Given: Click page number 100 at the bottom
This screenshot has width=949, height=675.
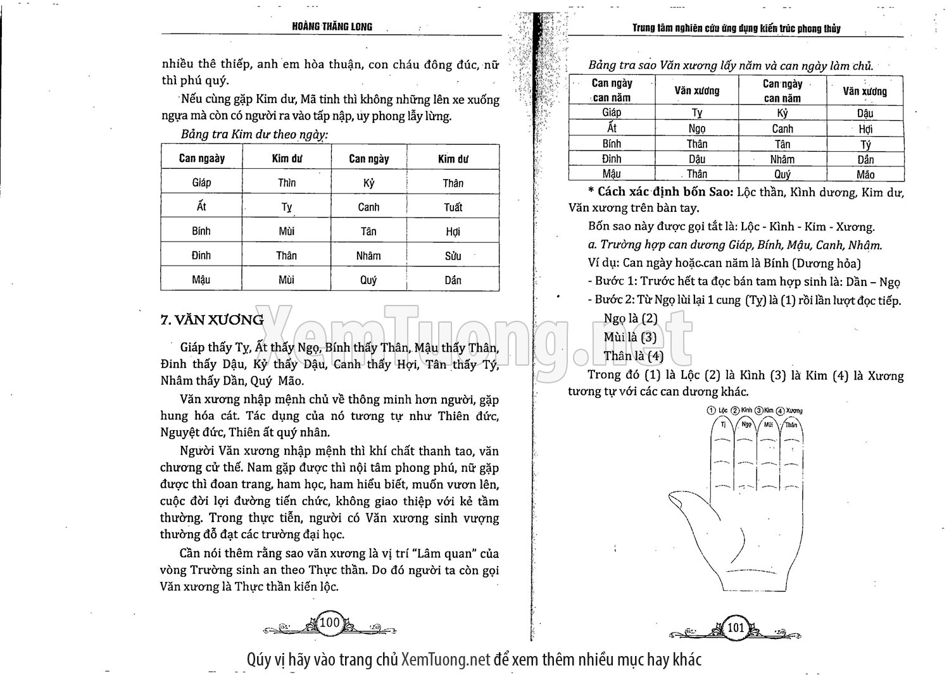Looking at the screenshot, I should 330,622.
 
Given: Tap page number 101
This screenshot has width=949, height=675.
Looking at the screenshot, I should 736,628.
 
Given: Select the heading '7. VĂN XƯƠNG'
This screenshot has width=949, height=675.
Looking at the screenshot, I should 212,320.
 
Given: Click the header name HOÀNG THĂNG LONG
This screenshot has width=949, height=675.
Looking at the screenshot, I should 332,27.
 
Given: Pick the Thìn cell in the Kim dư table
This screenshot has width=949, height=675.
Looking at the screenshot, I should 286,183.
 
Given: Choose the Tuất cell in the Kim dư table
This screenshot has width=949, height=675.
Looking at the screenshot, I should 453,207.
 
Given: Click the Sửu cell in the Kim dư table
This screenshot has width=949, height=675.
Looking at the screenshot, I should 453,256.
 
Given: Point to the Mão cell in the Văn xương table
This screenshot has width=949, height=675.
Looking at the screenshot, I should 865,175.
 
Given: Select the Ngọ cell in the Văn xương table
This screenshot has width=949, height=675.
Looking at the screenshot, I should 696,128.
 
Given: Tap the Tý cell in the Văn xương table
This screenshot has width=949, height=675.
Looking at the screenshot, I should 865,144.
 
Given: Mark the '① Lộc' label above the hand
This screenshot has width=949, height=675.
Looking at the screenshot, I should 718,411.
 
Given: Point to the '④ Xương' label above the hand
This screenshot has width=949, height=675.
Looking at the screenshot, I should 789,411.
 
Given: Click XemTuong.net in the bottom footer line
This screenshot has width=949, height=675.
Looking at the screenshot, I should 446,660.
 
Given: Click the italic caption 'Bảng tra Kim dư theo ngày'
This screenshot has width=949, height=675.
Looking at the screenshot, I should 255,135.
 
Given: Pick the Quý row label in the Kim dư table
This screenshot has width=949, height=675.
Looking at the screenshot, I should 368,280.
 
